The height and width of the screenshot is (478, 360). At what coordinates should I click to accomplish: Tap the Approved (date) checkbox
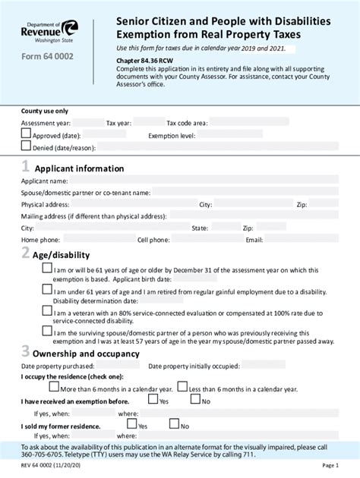26,134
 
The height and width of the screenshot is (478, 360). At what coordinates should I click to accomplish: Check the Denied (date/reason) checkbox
26,146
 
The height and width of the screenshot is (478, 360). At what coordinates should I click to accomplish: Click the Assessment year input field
88,121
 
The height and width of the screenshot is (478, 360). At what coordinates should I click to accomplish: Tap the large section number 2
26,253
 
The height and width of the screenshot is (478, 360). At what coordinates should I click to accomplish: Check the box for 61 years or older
47,269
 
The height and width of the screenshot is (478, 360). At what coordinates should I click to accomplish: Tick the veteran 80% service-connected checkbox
47,312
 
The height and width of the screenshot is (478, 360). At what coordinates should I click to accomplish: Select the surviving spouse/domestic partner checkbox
47,332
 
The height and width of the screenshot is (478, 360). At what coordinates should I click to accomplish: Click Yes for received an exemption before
153,399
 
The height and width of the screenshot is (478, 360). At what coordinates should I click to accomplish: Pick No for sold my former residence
195,424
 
